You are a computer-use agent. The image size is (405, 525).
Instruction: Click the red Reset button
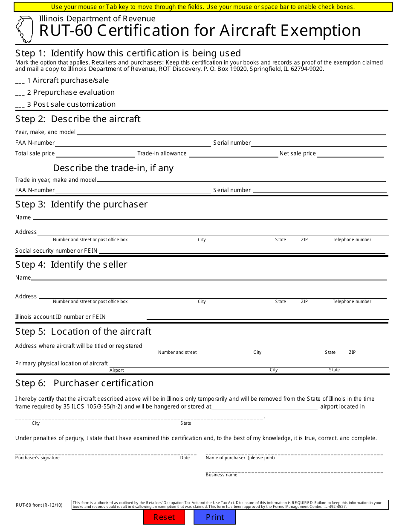point(164,517)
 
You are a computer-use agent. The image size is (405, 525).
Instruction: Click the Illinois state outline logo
point(24,29)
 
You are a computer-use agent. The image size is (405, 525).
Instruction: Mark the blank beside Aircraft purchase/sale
point(20,81)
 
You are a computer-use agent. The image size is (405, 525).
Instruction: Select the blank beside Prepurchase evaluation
point(20,93)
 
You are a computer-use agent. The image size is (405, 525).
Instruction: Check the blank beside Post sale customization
point(20,105)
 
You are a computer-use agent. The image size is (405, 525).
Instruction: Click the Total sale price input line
point(95,154)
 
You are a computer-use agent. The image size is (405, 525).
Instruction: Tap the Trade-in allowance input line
point(233,154)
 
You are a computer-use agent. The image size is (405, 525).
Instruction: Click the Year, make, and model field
point(231,132)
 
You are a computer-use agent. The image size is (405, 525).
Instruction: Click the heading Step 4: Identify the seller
point(71,265)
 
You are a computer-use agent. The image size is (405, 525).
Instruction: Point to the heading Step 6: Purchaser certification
point(84,383)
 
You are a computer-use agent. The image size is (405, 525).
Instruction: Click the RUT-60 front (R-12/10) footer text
point(39,505)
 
